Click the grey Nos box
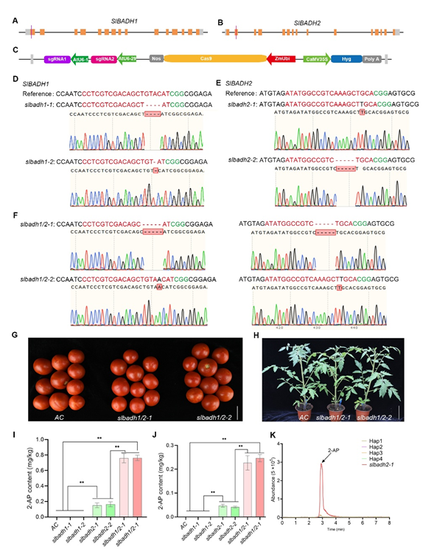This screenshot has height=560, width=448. click(156, 58)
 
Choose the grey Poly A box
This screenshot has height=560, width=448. click(372, 58)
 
